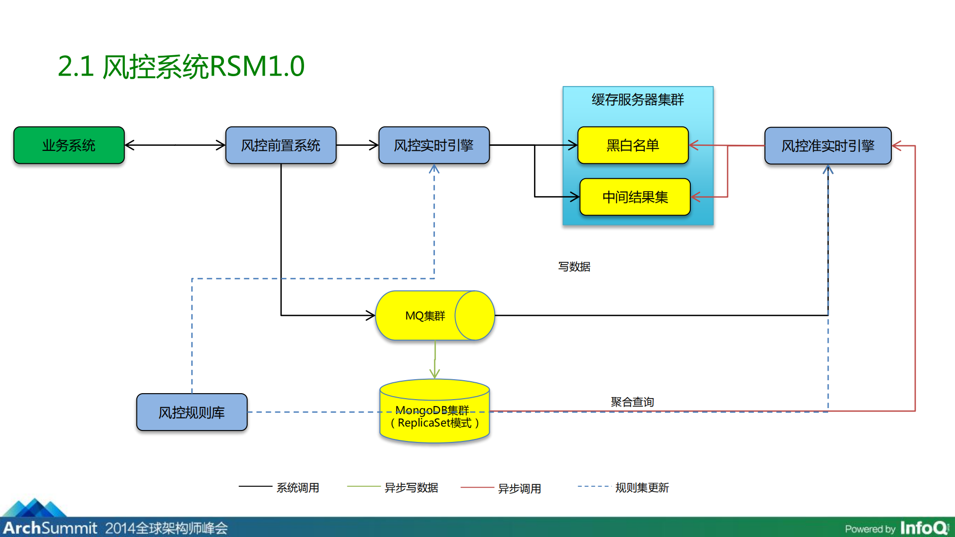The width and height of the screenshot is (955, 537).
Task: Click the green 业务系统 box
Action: click(x=69, y=145)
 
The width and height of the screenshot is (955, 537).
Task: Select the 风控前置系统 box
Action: click(x=281, y=145)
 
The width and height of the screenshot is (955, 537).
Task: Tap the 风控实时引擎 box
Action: click(x=433, y=145)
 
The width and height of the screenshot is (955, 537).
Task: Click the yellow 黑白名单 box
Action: click(x=633, y=145)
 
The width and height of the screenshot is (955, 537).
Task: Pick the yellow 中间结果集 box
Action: click(x=635, y=197)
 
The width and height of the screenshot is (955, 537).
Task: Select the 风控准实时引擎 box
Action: click(x=828, y=146)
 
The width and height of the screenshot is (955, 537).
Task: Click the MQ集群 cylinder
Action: click(x=425, y=316)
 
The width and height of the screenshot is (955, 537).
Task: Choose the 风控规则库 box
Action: click(x=192, y=413)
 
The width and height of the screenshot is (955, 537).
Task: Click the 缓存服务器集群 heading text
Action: click(x=637, y=100)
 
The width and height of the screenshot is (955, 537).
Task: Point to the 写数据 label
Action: click(x=574, y=267)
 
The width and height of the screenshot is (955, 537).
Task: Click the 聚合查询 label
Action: click(x=632, y=402)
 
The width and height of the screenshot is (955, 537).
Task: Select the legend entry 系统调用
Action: click(x=298, y=488)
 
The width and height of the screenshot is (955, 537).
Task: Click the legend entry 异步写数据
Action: click(x=411, y=488)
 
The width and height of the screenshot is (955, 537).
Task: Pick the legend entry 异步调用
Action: click(x=519, y=489)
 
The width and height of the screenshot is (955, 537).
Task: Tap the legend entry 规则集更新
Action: click(x=641, y=488)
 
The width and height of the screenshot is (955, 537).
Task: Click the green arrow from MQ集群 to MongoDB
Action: click(x=435, y=359)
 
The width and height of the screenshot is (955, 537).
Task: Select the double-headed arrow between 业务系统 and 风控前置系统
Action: click(x=175, y=145)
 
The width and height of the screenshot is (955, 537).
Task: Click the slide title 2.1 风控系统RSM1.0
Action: click(x=181, y=67)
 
